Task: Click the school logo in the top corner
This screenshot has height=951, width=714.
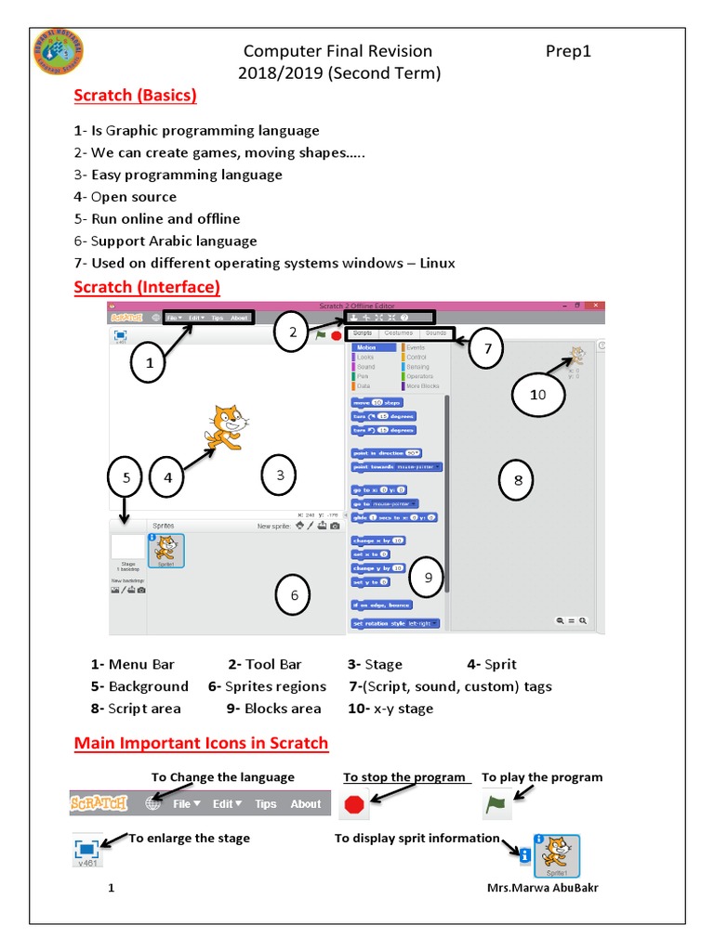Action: [58, 55]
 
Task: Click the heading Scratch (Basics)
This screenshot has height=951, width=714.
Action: [135, 96]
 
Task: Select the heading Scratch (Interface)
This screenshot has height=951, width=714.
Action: [147, 286]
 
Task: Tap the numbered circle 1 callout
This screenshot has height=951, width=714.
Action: [149, 365]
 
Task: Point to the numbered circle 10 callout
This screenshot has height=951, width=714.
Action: [538, 395]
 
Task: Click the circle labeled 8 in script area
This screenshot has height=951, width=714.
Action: [518, 479]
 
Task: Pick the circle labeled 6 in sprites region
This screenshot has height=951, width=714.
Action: [294, 595]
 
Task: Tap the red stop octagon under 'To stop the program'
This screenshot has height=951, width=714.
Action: [354, 804]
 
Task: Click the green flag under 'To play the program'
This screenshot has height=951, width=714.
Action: [496, 804]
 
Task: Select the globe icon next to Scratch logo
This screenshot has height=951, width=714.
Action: [153, 804]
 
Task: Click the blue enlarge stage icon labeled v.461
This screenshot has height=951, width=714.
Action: [87, 849]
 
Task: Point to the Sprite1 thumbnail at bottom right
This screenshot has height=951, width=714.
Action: [556, 856]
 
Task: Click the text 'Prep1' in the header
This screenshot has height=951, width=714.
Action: [568, 52]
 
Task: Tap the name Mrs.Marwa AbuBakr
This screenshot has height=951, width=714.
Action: [543, 888]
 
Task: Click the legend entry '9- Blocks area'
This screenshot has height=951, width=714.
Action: [273, 709]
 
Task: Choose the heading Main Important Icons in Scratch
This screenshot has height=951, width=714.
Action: [201, 743]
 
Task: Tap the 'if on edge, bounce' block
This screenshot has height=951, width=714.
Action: [381, 605]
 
